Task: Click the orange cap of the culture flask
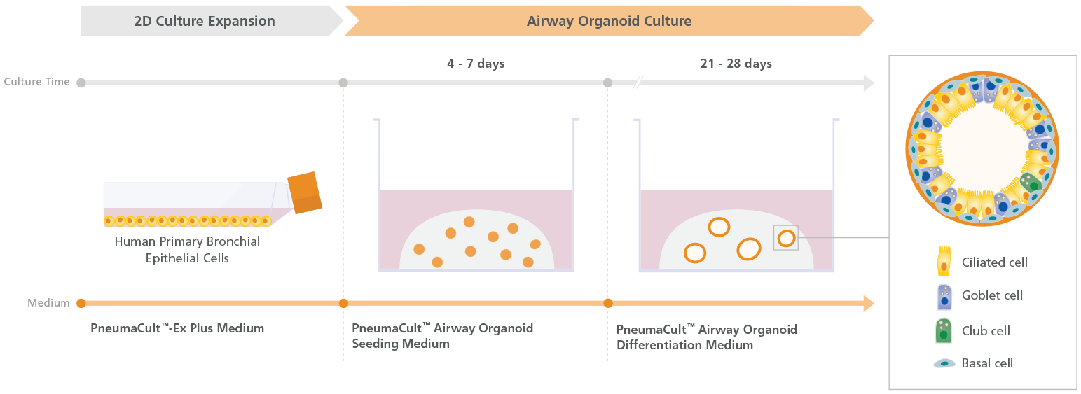[305, 192]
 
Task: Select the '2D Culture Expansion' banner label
[205, 21]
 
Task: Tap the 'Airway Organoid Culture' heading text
[609, 21]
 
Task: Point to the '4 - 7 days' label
[476, 64]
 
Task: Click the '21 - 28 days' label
[736, 64]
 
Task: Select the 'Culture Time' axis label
[36, 82]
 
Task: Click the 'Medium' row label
[48, 303]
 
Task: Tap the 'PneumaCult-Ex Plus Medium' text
[177, 328]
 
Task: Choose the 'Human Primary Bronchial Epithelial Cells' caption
[187, 250]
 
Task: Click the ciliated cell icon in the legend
[944, 261]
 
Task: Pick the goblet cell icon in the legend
[944, 297]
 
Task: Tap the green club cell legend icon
[944, 331]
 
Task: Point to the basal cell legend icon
[944, 363]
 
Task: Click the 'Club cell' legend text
[986, 331]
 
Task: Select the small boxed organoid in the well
[786, 238]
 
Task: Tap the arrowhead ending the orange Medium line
[868, 303]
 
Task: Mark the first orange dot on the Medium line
[81, 303]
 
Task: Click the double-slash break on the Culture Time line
[638, 83]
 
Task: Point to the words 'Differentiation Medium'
[684, 345]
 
